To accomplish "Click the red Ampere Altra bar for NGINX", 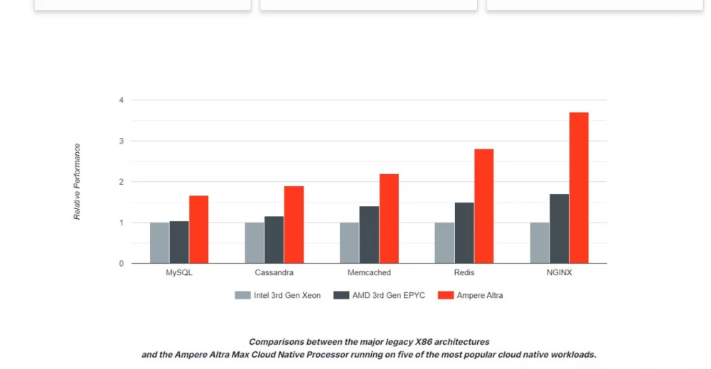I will pyautogui.click(x=579, y=188).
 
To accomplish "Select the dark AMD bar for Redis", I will pyautogui.click(x=464, y=233).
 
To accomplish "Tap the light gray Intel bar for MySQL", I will pyautogui.click(x=159, y=243).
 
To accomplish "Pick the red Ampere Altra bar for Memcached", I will pyautogui.click(x=389, y=218).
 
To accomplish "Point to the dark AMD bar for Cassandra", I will pyautogui.click(x=274, y=240).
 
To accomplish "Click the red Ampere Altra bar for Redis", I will pyautogui.click(x=483, y=206).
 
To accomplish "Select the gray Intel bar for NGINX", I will pyautogui.click(x=540, y=243).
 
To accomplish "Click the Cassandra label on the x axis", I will pyautogui.click(x=274, y=272).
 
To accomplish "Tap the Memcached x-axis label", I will pyautogui.click(x=369, y=272).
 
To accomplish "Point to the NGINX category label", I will pyautogui.click(x=559, y=272).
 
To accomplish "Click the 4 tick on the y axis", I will pyautogui.click(x=122, y=100).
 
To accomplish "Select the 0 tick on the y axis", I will pyautogui.click(x=122, y=264).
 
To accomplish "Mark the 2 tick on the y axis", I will pyautogui.click(x=122, y=182).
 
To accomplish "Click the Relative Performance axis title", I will pyautogui.click(x=77, y=182).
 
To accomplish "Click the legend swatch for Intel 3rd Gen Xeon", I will pyautogui.click(x=242, y=295).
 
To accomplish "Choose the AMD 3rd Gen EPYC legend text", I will pyautogui.click(x=388, y=295).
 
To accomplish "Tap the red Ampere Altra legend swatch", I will pyautogui.click(x=445, y=295).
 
